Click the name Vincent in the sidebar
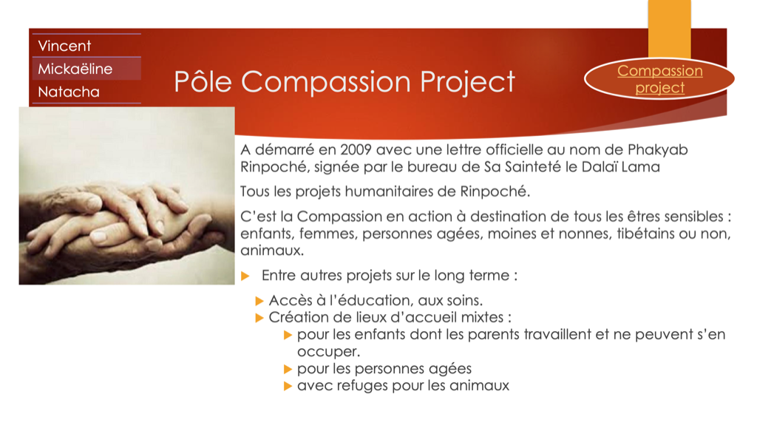click(x=64, y=46)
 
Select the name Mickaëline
click(x=75, y=69)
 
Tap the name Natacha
click(x=69, y=92)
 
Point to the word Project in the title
click(x=467, y=82)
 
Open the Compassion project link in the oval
click(x=660, y=79)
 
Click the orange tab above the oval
click(x=670, y=29)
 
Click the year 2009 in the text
click(x=356, y=150)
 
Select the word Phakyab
click(x=657, y=150)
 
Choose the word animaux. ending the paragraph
click(x=272, y=251)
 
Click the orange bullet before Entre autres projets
click(x=245, y=276)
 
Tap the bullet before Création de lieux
click(x=259, y=318)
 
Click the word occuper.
click(x=328, y=352)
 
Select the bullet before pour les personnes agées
click(x=288, y=370)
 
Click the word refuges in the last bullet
click(x=366, y=386)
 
